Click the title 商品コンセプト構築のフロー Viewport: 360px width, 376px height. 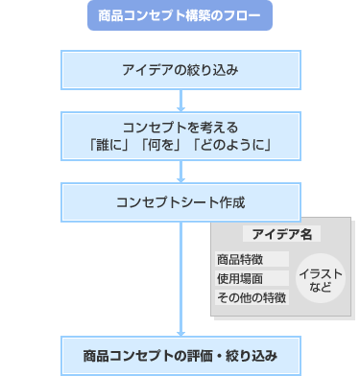(180, 15)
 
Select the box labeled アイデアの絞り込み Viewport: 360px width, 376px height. (180, 71)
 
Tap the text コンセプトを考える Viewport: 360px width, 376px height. (180, 127)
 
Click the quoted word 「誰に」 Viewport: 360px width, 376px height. (107, 145)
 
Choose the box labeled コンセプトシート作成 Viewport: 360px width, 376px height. (180, 202)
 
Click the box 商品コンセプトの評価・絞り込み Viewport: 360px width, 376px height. (180, 355)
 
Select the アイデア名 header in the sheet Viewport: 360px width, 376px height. (281, 235)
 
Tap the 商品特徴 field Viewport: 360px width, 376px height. (252, 259)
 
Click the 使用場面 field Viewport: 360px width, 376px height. (252, 278)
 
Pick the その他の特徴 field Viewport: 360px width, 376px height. (252, 297)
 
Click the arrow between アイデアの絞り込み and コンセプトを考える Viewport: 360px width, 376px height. (180, 100)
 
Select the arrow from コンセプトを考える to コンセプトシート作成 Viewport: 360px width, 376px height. (180, 173)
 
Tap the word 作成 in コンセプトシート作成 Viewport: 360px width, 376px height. (232, 202)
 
